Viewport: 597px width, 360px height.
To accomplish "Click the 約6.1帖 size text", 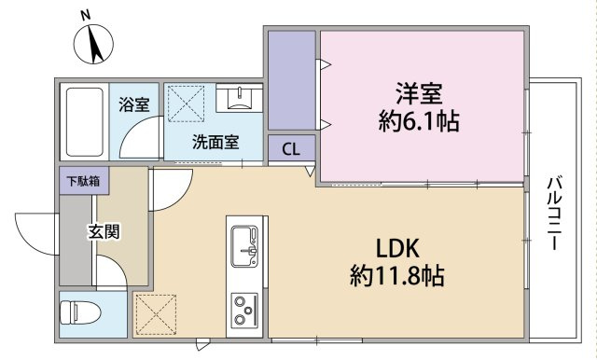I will [419, 121].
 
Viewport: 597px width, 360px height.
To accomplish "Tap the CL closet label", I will [291, 149].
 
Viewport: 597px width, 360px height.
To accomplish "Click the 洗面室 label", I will [215, 143].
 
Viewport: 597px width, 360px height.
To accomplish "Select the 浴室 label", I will [134, 104].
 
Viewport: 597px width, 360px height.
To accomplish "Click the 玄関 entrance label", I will [104, 231].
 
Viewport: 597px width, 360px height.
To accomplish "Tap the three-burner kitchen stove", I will [246, 309].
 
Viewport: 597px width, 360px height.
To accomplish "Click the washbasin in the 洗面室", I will [241, 98].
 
